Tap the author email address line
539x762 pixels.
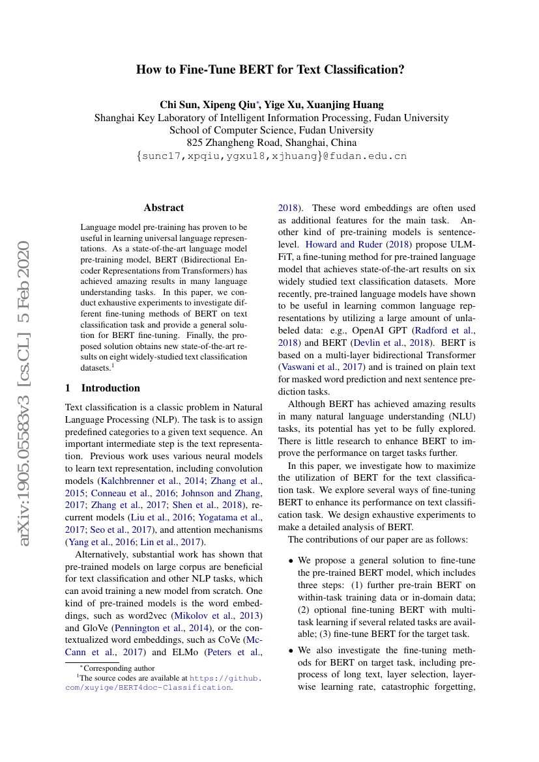click(271, 156)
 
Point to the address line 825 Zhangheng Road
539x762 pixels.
click(271, 143)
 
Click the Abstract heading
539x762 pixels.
click(164, 208)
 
